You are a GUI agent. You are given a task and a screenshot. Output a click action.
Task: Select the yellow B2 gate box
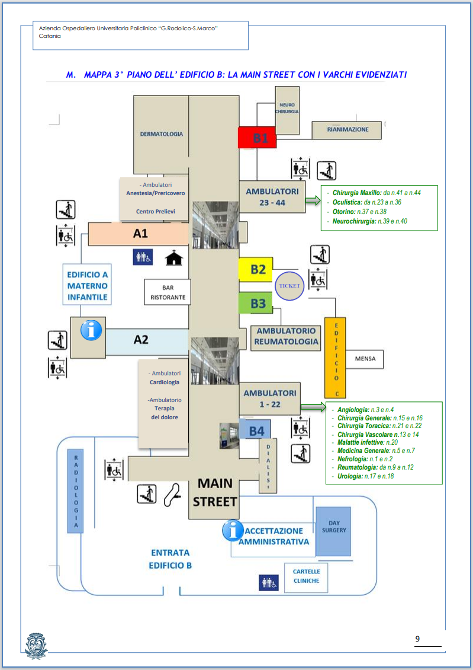tap(256, 269)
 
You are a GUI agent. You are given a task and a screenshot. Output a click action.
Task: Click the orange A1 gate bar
tap(139, 234)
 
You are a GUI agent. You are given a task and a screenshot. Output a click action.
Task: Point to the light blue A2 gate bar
tap(145, 340)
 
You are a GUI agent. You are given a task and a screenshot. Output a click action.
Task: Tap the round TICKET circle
tap(290, 286)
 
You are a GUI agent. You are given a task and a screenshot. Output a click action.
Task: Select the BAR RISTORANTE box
tap(168, 292)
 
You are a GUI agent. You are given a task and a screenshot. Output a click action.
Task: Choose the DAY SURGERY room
tap(334, 530)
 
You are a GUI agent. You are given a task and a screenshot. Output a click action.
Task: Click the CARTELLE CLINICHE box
tap(306, 576)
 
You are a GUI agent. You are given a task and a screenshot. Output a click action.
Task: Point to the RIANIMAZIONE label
tap(347, 129)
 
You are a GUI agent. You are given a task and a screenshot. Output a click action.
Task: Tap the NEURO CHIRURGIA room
tap(287, 109)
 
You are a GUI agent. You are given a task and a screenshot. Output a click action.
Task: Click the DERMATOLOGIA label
tap(161, 134)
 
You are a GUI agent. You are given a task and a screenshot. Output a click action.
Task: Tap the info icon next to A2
tap(91, 330)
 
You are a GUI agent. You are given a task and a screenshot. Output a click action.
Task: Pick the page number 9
tap(417, 639)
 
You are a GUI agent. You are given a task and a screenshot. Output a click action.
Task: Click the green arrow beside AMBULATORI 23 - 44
tap(312, 202)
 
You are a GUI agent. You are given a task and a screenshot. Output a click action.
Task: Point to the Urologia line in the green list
tap(365, 476)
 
